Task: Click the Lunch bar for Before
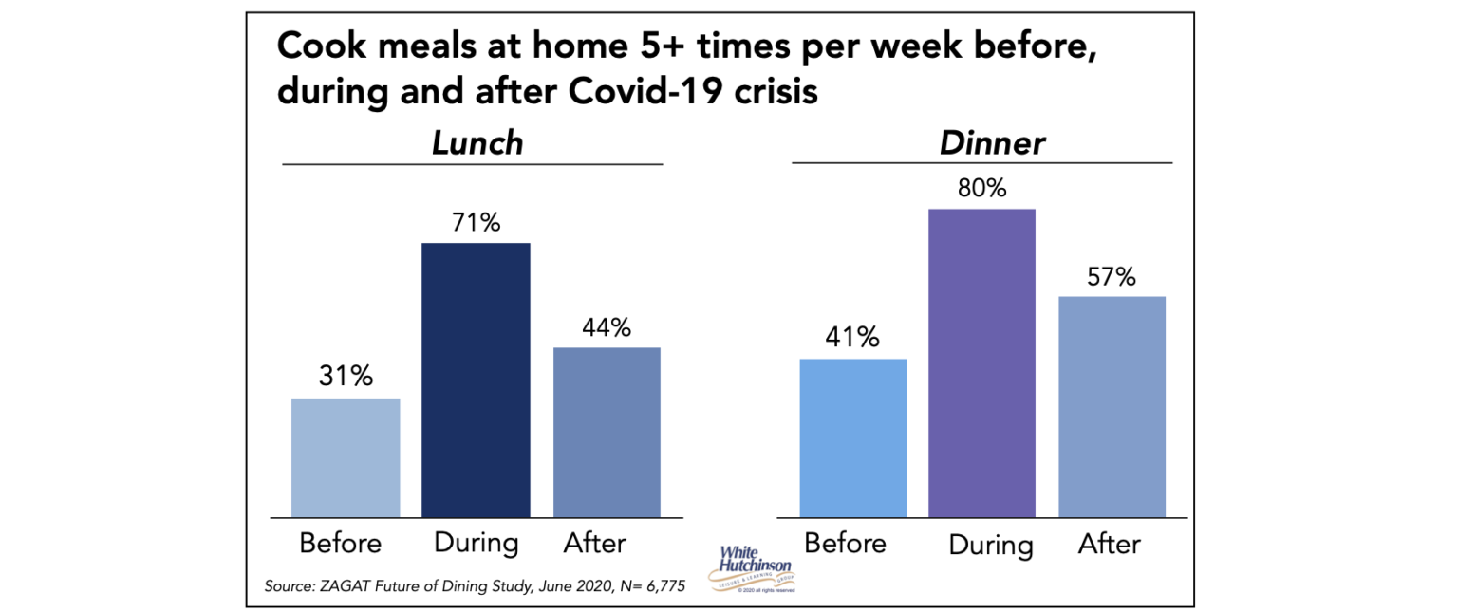click(x=346, y=457)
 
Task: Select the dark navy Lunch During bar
click(x=476, y=380)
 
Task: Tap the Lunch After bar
click(x=606, y=432)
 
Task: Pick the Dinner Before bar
click(x=853, y=437)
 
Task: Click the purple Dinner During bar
click(x=981, y=362)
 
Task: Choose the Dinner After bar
click(x=1112, y=406)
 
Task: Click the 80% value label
click(x=981, y=188)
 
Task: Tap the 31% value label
click(x=346, y=378)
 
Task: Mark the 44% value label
click(x=606, y=327)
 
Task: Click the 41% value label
click(x=853, y=338)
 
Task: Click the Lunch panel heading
click(x=477, y=142)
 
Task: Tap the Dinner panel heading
click(x=992, y=142)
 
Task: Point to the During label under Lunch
click(x=477, y=544)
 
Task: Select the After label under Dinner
click(x=1110, y=545)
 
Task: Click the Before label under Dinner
click(x=845, y=544)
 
